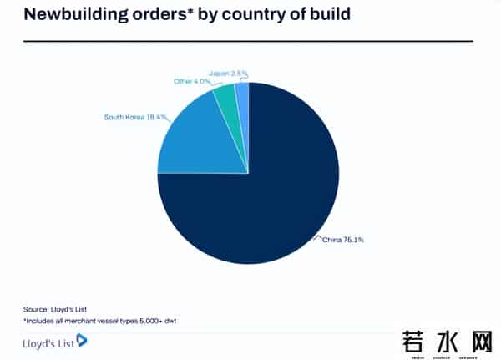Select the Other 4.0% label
pos(193,81)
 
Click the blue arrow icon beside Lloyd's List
pos(82,340)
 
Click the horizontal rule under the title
pos(247,40)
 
